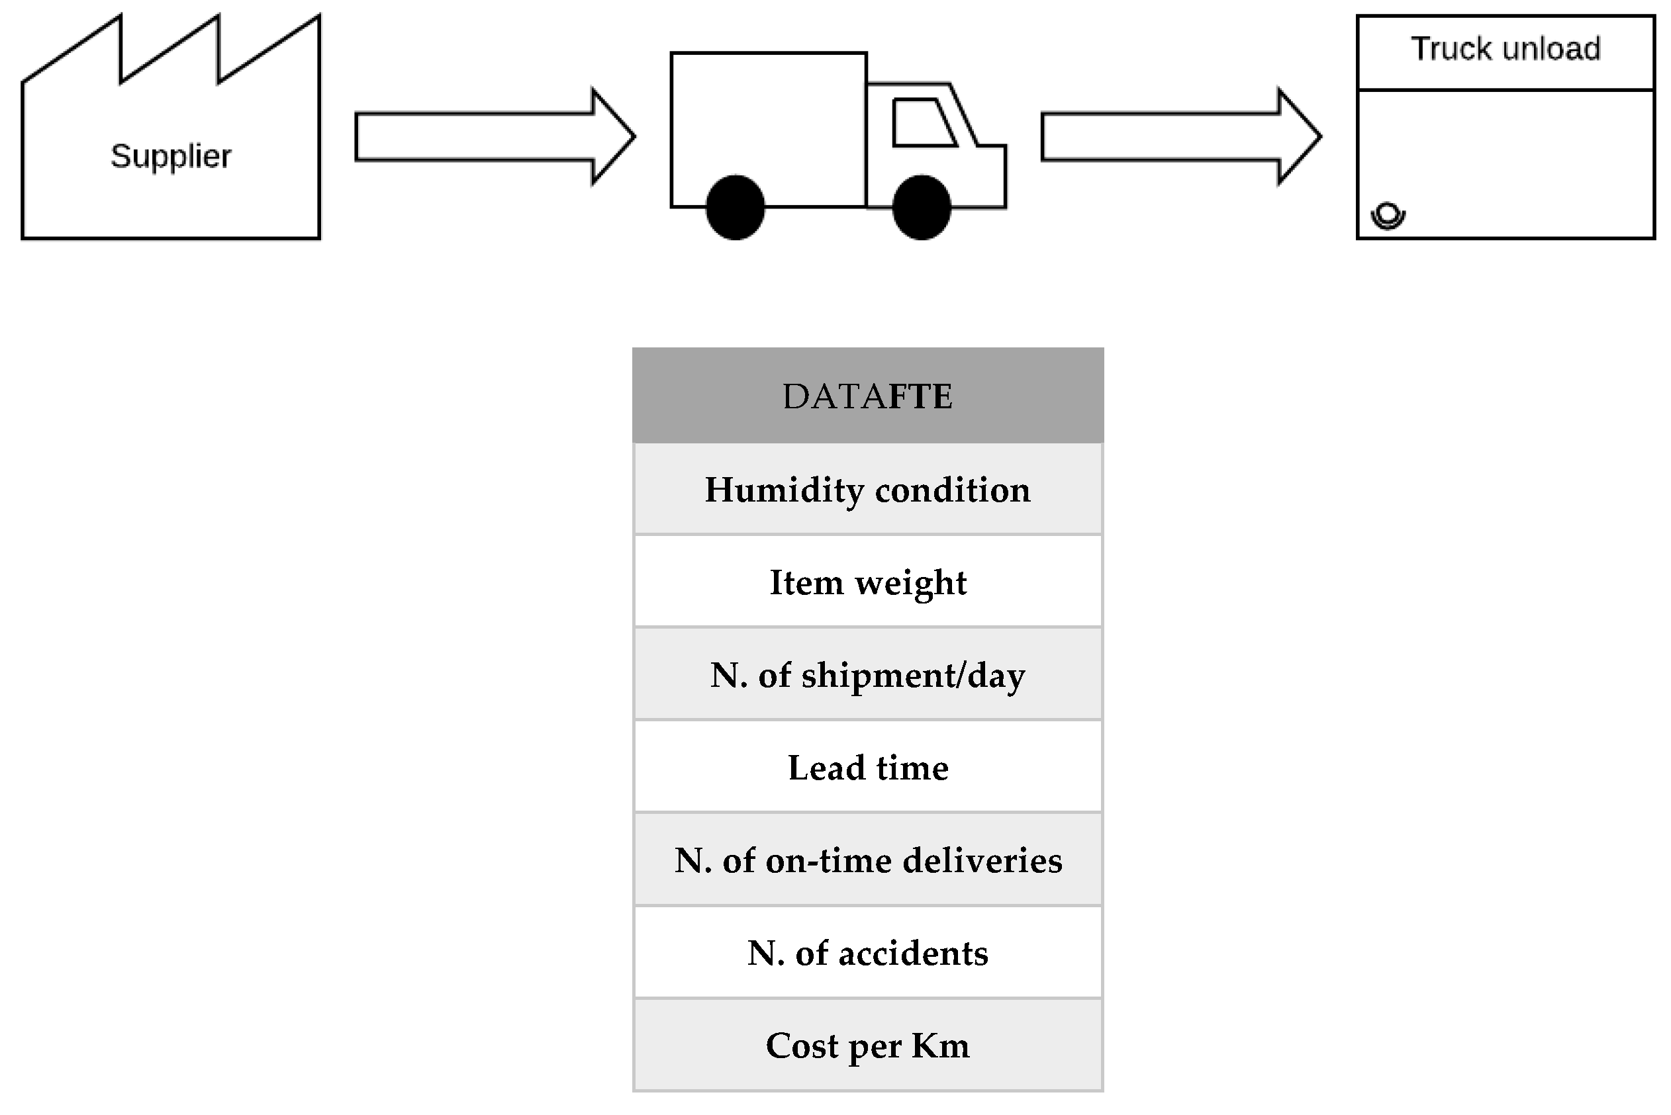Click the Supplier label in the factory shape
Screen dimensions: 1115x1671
pos(171,156)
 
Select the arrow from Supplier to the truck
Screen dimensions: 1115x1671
pos(494,136)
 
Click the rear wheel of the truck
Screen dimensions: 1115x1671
pos(735,207)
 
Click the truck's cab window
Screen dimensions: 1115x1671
pos(923,122)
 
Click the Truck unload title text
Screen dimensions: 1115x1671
pos(1505,50)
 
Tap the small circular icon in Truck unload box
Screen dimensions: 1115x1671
pos(1387,215)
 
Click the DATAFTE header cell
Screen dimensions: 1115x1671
pos(867,396)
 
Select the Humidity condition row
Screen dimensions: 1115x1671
pos(867,490)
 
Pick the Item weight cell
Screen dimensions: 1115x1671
pos(867,582)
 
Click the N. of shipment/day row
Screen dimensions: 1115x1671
pos(867,675)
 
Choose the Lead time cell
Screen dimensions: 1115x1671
pos(867,768)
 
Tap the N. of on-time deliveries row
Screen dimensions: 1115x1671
pos(867,860)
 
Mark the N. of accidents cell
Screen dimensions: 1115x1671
pos(867,953)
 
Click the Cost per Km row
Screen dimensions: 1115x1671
pos(867,1046)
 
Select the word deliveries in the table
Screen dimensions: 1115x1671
pos(982,860)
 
